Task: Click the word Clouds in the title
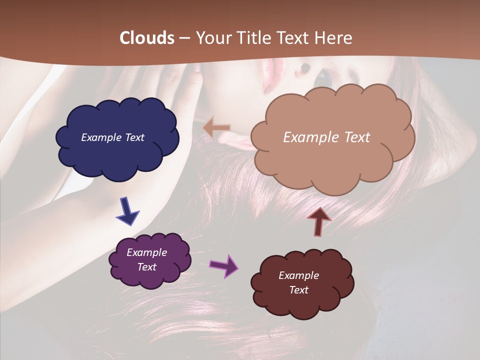coord(147,38)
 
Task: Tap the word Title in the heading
coord(254,38)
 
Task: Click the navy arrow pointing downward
coord(128,211)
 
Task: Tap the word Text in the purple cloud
coord(147,267)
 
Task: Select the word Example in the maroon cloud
coord(298,275)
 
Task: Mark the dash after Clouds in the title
coord(183,38)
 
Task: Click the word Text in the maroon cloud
coord(298,290)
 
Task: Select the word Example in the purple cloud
coord(146,252)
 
